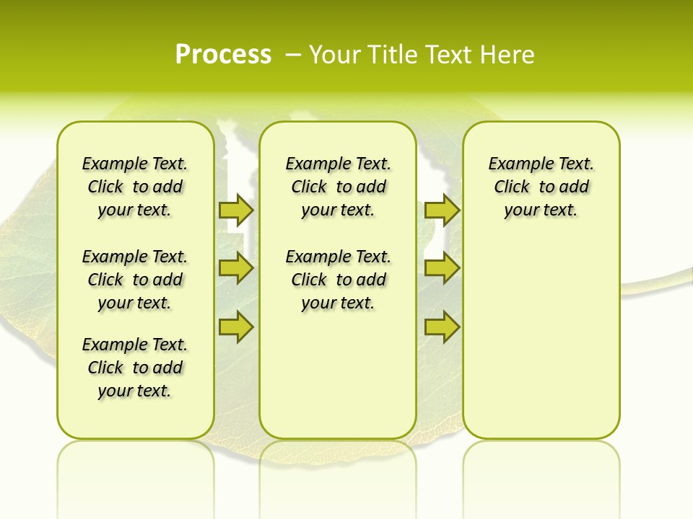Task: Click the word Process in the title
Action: click(x=223, y=55)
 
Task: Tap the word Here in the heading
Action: click(x=509, y=55)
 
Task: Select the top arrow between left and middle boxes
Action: click(x=236, y=210)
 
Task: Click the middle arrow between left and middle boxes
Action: click(x=236, y=268)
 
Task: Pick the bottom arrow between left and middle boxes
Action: click(x=236, y=327)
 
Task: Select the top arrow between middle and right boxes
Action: click(x=442, y=210)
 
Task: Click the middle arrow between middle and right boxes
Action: click(x=442, y=268)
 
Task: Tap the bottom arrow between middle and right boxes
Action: click(x=442, y=327)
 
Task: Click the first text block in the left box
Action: click(x=135, y=187)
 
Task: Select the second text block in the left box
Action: click(x=135, y=280)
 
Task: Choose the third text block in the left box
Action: click(x=135, y=368)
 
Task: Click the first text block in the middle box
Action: click(x=338, y=187)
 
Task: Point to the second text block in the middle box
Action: click(x=338, y=280)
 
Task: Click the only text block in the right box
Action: click(x=541, y=187)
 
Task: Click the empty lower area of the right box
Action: click(x=541, y=346)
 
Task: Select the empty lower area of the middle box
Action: click(x=338, y=375)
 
